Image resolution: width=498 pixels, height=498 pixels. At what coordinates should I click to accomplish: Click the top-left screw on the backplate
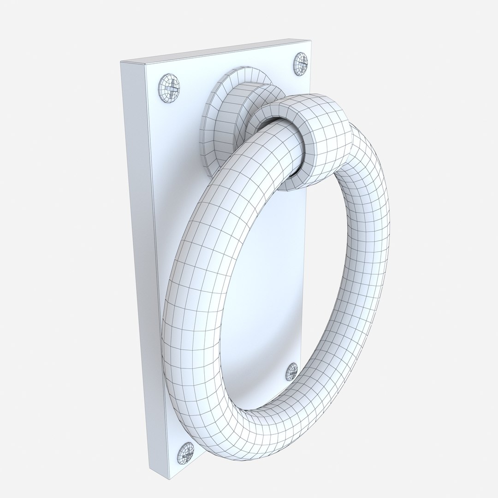[169, 85]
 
